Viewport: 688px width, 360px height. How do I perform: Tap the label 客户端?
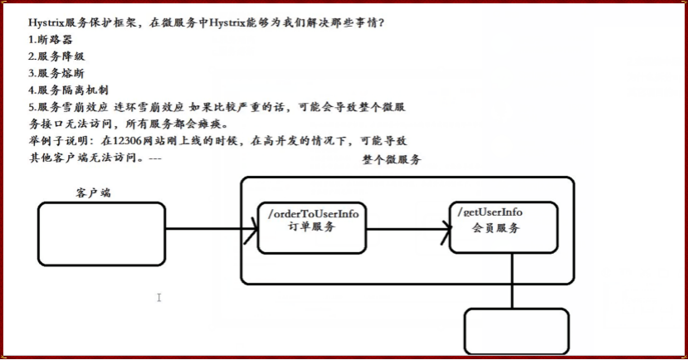point(93,192)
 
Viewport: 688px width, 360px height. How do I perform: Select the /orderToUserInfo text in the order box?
point(313,214)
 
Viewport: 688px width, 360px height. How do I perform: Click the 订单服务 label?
point(311,226)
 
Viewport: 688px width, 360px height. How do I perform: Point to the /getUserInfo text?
point(490,213)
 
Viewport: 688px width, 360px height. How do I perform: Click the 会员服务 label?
point(495,227)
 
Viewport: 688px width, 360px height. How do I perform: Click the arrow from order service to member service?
point(407,228)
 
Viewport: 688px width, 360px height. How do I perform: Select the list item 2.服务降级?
point(56,56)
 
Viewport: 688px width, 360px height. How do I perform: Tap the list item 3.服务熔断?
point(56,73)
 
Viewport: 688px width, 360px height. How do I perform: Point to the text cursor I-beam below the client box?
point(159,297)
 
